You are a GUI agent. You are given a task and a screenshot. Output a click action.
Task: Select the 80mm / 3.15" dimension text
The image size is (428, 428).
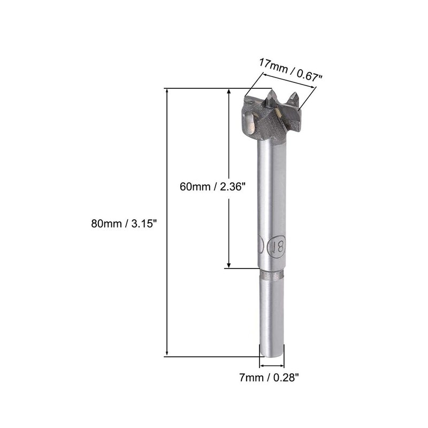(124, 224)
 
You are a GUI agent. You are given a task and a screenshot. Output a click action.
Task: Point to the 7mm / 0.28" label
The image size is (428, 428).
(269, 378)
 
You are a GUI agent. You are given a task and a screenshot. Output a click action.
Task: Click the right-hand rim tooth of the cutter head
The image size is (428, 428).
(294, 100)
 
